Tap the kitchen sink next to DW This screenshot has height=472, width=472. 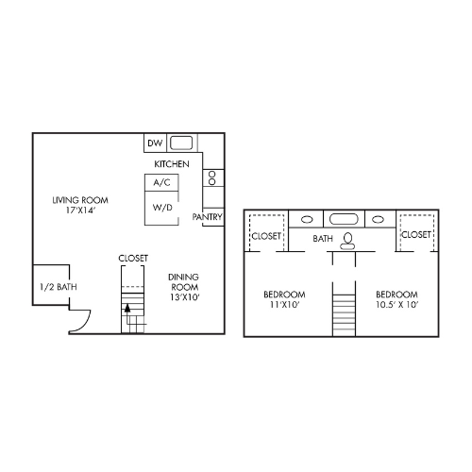182,143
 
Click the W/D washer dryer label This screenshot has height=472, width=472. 161,208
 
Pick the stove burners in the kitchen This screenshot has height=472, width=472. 212,177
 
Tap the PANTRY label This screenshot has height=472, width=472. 207,216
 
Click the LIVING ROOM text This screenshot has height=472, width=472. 79,200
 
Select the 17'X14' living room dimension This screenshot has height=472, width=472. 80,211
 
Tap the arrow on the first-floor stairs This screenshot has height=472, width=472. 127,308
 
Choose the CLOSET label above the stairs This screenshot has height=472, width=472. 133,257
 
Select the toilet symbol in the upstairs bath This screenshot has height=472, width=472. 349,239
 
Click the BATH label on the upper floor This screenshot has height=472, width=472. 324,239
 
